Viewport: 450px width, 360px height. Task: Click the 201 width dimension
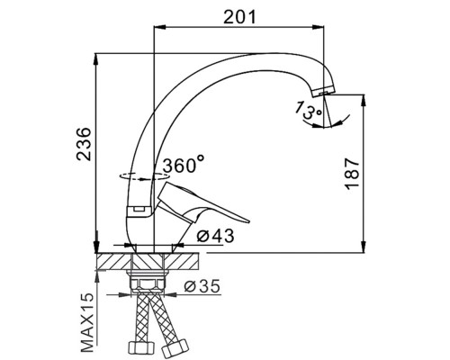[x=240, y=17]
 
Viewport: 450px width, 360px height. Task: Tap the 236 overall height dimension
[x=84, y=144]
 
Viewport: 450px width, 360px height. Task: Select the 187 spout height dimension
[x=352, y=174]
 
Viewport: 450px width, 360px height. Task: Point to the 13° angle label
[x=308, y=110]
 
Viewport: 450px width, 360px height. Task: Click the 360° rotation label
[x=184, y=164]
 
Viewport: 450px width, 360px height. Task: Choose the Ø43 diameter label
[x=215, y=236]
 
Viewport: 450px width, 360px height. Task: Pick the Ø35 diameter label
[x=202, y=286]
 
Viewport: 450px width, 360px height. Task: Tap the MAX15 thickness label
[x=87, y=322]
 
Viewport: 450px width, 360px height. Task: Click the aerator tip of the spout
[x=323, y=91]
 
